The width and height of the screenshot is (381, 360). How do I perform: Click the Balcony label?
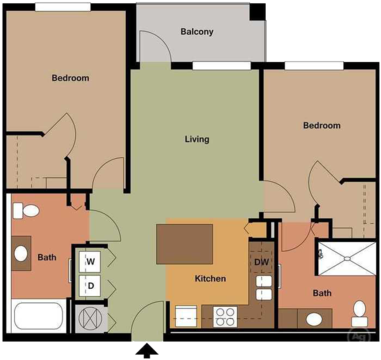[197, 31]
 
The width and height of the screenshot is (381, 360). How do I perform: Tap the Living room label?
[197, 139]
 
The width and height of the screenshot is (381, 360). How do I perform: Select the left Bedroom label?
[70, 78]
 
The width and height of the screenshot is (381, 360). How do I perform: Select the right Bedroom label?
[322, 126]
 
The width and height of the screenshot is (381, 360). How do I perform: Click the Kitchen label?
[210, 279]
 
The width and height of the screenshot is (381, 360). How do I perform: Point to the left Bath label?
[47, 257]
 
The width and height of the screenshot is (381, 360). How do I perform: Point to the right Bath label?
[322, 293]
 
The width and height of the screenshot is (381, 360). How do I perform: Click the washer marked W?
[90, 262]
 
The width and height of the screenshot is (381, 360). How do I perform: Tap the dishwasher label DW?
[261, 263]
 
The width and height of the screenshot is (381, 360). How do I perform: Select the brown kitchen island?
[185, 243]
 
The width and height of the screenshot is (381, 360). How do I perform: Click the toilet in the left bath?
[27, 212]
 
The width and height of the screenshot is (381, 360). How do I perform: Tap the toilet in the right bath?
[359, 313]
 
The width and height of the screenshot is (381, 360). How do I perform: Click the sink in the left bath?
[21, 254]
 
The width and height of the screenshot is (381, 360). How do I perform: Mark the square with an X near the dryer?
[91, 319]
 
